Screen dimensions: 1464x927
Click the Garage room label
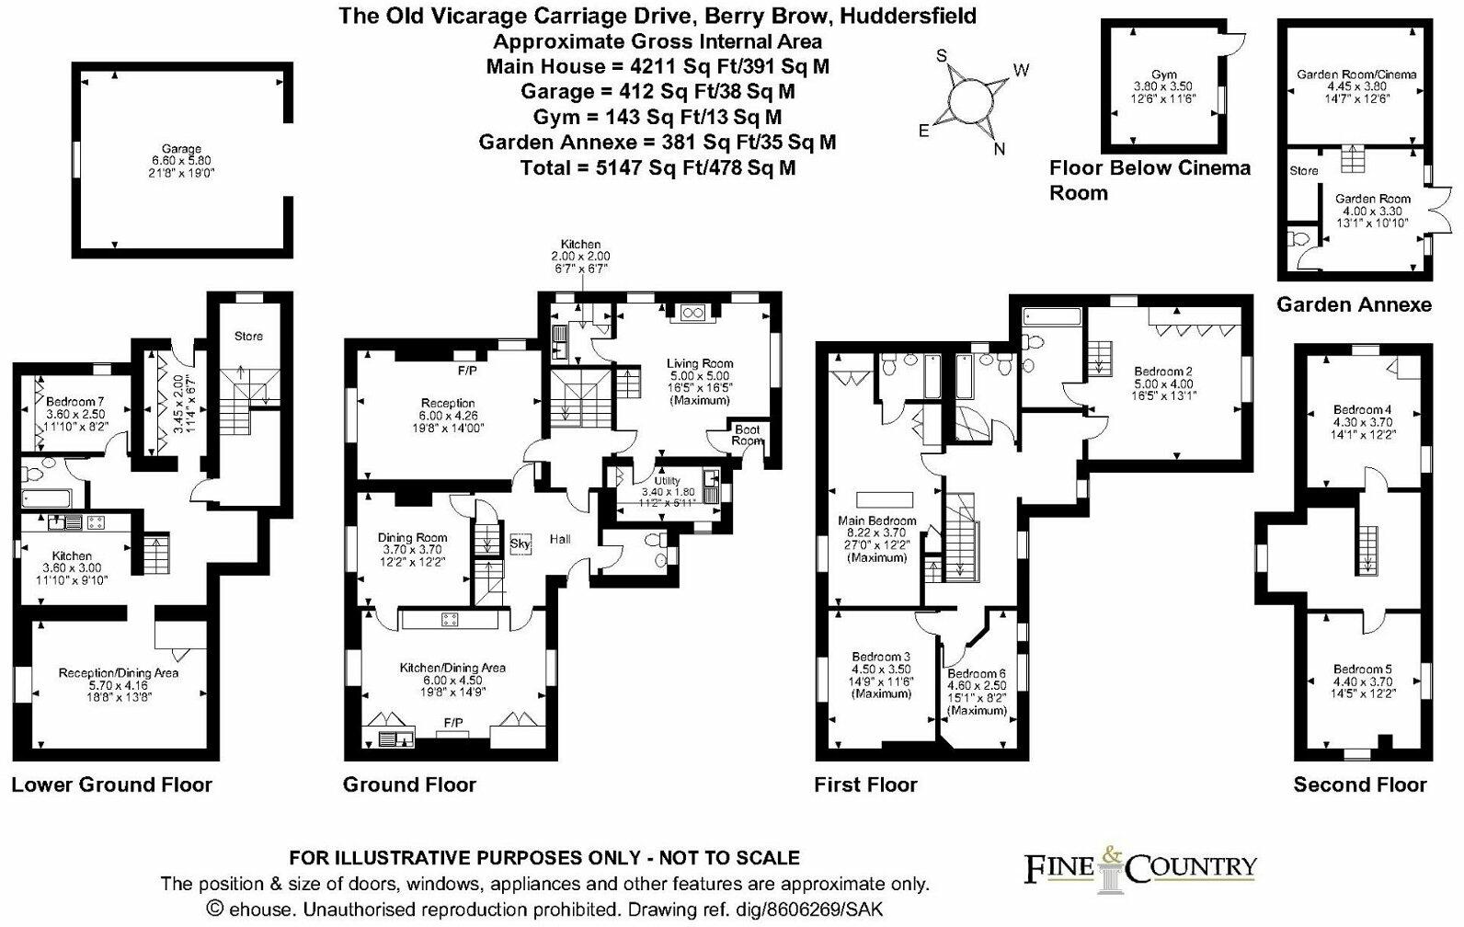tap(182, 149)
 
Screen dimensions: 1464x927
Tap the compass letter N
tap(1000, 149)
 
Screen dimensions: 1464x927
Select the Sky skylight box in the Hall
tap(520, 544)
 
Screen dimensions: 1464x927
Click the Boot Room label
tap(747, 435)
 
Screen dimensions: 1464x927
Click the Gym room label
tap(1164, 74)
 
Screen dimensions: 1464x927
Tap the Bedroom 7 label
tap(74, 401)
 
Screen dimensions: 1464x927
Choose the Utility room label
tap(668, 480)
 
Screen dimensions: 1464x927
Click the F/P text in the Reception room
tap(467, 372)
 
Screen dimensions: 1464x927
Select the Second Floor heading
tap(1360, 784)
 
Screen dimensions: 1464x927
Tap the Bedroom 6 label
tap(977, 673)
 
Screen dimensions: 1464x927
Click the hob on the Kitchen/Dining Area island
tap(450, 619)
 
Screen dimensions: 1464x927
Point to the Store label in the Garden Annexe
tap(1304, 171)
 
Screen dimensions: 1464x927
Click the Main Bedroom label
tap(877, 521)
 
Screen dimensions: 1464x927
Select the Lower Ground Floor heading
tap(112, 784)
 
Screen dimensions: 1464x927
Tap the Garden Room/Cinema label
tap(1356, 74)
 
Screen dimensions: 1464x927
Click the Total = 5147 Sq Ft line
tap(658, 168)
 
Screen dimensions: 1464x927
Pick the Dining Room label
tap(412, 538)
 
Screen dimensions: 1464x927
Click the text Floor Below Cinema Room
tap(1149, 180)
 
